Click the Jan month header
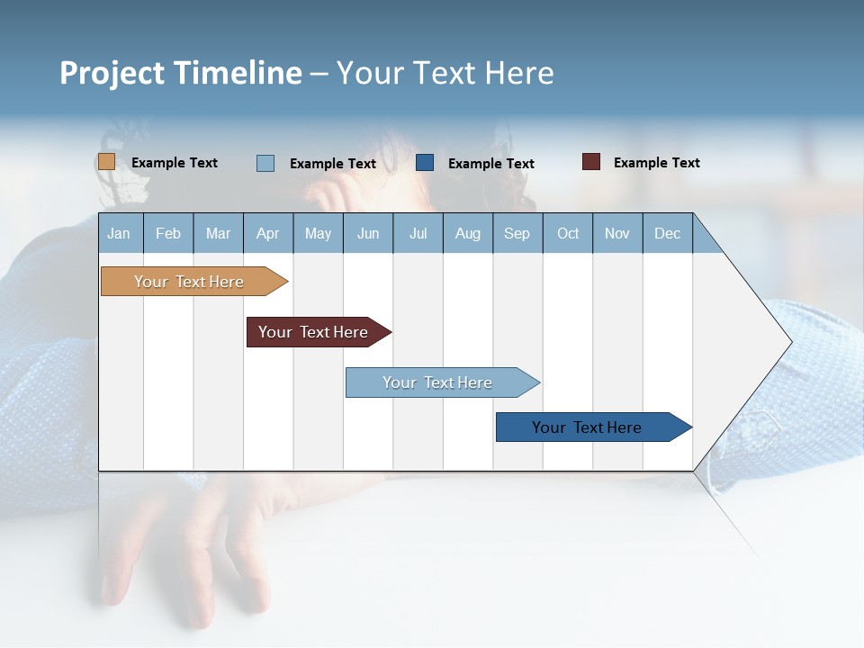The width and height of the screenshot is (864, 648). click(120, 233)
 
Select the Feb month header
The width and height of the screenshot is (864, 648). click(168, 233)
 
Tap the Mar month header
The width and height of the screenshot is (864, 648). click(218, 233)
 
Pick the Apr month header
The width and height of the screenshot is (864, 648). click(268, 233)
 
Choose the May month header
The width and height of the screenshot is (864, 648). click(318, 233)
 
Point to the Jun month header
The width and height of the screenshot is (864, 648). click(368, 233)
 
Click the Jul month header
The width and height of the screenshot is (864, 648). click(418, 233)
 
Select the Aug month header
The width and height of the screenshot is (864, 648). click(468, 233)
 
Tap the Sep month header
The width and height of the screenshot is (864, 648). click(517, 233)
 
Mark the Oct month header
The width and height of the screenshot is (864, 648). click(568, 233)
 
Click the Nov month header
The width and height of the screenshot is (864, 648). click(617, 233)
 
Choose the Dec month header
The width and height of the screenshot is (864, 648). click(668, 233)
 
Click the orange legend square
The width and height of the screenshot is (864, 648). click(106, 162)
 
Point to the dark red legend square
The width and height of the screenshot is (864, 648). click(590, 162)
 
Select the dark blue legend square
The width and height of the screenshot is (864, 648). click(425, 163)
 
